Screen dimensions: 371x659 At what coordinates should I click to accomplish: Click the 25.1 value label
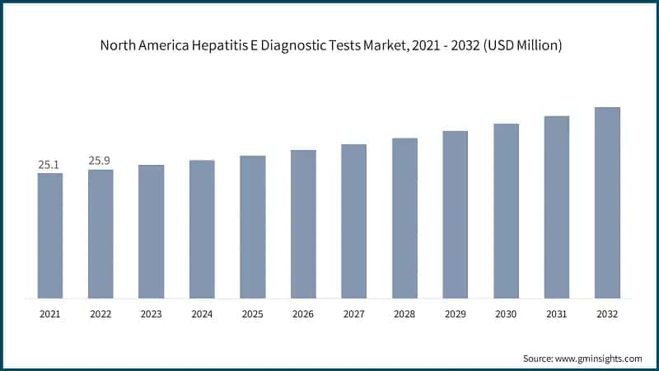click(50, 165)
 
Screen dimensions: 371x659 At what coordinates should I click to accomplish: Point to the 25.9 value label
click(100, 161)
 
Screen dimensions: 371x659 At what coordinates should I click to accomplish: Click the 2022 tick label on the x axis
click(100, 314)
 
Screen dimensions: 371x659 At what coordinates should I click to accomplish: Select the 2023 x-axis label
click(151, 314)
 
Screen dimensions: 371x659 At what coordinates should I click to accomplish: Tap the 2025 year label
click(253, 314)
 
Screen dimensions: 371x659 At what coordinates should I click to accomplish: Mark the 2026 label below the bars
click(303, 314)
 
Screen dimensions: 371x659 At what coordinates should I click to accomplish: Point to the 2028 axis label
click(404, 314)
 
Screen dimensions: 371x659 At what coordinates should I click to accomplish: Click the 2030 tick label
click(506, 314)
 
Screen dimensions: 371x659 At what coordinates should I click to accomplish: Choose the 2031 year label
click(557, 314)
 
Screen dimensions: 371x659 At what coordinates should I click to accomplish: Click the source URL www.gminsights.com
click(597, 359)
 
